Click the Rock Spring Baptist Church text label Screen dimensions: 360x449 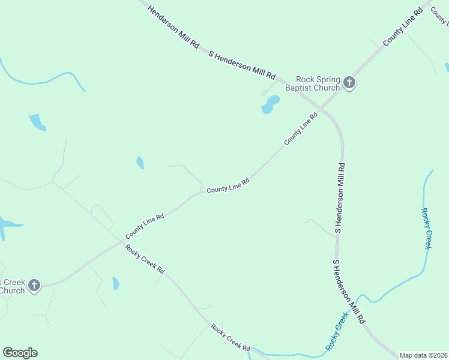(x=318, y=83)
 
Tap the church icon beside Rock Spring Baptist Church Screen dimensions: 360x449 (x=349, y=83)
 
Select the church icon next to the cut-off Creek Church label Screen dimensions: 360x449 (x=34, y=285)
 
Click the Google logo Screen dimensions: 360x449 (x=20, y=353)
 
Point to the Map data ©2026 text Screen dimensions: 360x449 (x=423, y=355)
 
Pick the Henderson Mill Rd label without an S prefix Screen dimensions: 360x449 (x=173, y=28)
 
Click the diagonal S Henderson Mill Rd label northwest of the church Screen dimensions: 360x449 (x=241, y=65)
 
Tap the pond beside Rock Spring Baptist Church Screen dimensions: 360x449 (x=271, y=104)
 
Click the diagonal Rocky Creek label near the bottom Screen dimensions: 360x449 (x=337, y=331)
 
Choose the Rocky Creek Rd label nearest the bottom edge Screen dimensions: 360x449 (x=230, y=337)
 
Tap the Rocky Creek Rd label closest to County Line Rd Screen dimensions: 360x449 (x=145, y=259)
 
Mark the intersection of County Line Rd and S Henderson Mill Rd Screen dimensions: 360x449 (x=321, y=110)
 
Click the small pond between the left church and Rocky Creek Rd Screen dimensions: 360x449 (x=115, y=283)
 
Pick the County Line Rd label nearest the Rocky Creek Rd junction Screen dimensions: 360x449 (x=145, y=225)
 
